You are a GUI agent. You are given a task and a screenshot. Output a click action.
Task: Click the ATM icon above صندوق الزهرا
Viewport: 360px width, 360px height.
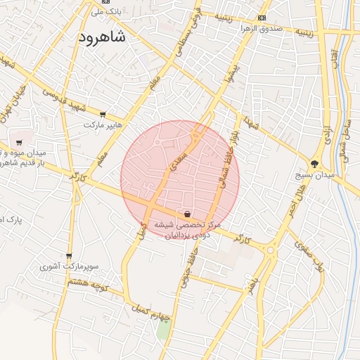tap(262, 18)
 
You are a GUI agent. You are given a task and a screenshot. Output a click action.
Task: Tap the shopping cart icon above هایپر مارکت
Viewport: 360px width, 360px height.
tap(103, 114)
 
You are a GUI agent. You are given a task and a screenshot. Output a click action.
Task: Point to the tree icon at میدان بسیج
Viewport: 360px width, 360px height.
tap(323, 163)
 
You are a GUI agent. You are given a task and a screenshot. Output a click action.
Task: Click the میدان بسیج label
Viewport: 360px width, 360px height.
tap(324, 174)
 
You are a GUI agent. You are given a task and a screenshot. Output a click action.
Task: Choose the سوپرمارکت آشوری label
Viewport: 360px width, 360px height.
tap(68, 266)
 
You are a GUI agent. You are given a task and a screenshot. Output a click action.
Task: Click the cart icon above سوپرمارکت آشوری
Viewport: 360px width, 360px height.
tap(69, 256)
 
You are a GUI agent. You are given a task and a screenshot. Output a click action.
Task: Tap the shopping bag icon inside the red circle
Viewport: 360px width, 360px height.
tap(187, 213)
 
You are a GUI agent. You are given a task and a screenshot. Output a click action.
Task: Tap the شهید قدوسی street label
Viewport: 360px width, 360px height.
tap(63, 98)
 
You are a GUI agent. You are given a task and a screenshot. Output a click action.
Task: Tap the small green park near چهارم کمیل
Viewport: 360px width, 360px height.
tap(163, 330)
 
